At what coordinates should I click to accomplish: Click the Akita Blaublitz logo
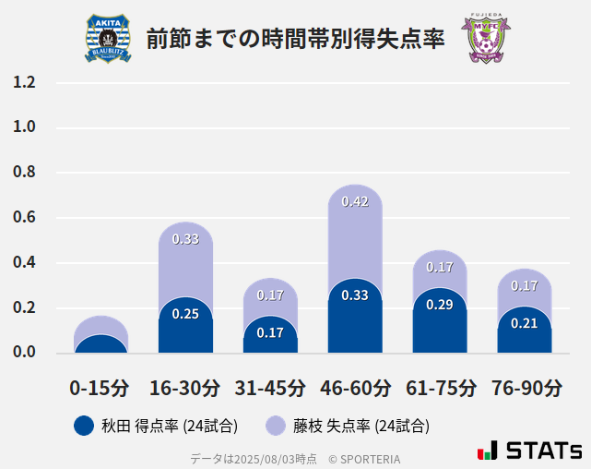pyautogui.click(x=108, y=38)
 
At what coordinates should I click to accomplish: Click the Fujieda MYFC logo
pyautogui.click(x=485, y=38)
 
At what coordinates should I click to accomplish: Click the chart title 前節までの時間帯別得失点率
pyautogui.click(x=295, y=39)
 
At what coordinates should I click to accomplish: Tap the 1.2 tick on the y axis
pyautogui.click(x=24, y=82)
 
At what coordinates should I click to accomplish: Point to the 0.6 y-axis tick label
pyautogui.click(x=24, y=218)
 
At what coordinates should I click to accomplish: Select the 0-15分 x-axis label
pyautogui.click(x=100, y=388)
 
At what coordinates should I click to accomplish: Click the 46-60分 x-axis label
pyautogui.click(x=355, y=388)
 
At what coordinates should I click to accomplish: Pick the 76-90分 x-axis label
pyautogui.click(x=525, y=388)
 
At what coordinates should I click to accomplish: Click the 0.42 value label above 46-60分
pyautogui.click(x=355, y=201)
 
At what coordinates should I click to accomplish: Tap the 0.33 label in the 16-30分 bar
pyautogui.click(x=185, y=239)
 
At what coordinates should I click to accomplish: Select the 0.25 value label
pyautogui.click(x=185, y=314)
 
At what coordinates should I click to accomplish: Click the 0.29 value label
pyautogui.click(x=440, y=305)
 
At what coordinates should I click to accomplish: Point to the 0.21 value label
pyautogui.click(x=525, y=323)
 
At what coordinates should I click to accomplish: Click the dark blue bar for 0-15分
pyautogui.click(x=100, y=344)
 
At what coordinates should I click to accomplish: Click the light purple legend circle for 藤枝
pyautogui.click(x=275, y=426)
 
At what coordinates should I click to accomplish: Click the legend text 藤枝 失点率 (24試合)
pyautogui.click(x=361, y=426)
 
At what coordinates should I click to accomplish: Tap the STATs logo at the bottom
pyautogui.click(x=529, y=451)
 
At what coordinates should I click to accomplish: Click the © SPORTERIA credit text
pyautogui.click(x=364, y=458)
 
